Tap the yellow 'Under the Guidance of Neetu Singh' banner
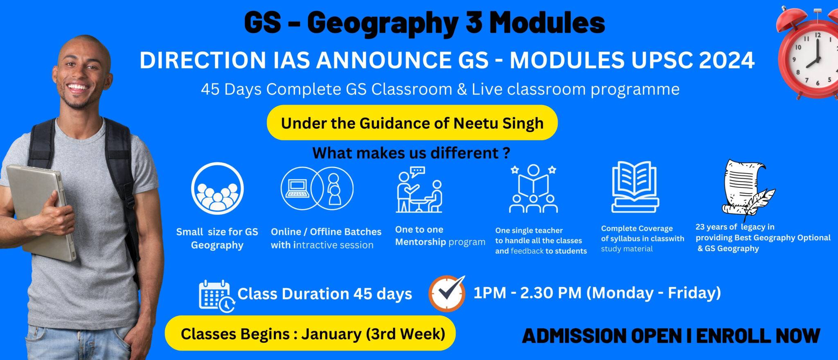pos(412,123)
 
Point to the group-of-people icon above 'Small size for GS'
pos(217,189)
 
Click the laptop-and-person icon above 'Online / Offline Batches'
pos(317,189)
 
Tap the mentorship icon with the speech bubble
pos(419,190)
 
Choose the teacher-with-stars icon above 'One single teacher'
pos(533,189)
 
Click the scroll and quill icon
pos(747,187)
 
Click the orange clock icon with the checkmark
pos(447,293)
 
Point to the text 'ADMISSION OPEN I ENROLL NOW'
pos(671,336)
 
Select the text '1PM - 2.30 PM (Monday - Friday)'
pos(597,293)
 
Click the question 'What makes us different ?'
pos(411,153)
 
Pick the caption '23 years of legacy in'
pos(734,227)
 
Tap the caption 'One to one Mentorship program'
pos(439,236)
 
